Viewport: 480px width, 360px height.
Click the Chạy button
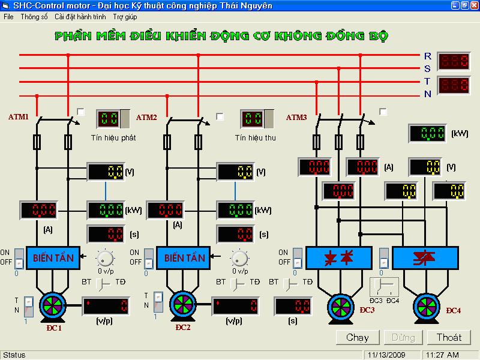click(358, 337)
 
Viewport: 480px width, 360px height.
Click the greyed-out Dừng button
click(403, 337)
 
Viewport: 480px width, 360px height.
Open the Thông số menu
click(34, 17)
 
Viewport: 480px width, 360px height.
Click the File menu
click(8, 17)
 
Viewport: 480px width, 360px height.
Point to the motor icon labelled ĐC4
click(428, 307)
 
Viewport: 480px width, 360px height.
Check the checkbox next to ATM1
click(81, 112)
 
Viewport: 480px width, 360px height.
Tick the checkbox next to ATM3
click(383, 112)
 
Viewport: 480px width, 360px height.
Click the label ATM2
click(147, 118)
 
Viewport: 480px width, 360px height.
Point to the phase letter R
click(427, 55)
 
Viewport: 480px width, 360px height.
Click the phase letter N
click(428, 94)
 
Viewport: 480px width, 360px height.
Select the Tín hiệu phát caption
click(118, 137)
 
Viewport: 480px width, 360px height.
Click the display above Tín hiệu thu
click(253, 119)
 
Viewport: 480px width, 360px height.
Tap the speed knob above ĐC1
click(106, 258)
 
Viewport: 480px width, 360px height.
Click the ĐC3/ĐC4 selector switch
click(385, 287)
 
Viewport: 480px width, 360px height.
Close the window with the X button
click(473, 5)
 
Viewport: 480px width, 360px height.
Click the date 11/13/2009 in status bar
click(387, 355)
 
